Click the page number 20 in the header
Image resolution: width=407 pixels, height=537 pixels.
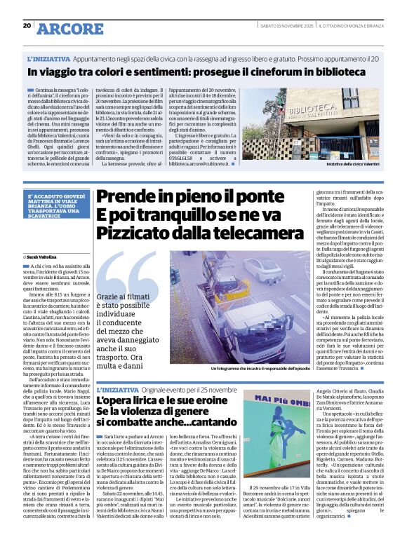click(x=27, y=25)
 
